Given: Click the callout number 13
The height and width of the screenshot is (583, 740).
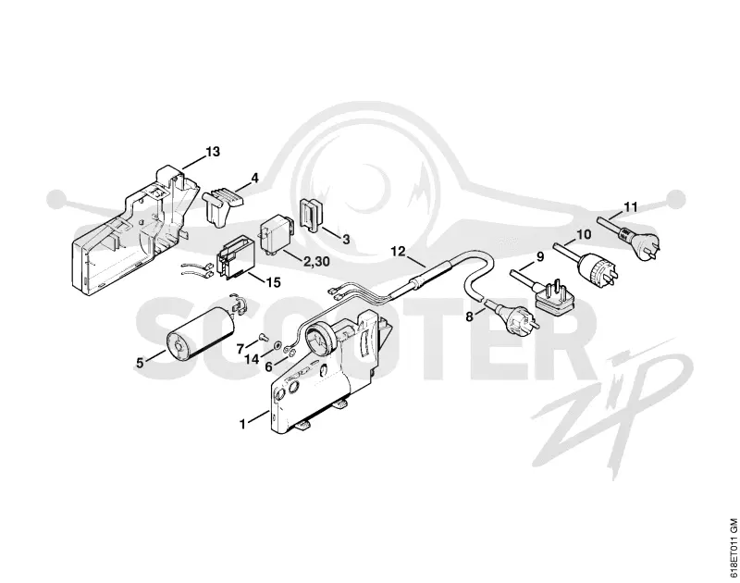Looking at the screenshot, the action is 213,152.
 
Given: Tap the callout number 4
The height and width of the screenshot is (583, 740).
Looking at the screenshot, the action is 255,179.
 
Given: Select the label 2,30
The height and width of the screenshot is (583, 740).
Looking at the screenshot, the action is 316,261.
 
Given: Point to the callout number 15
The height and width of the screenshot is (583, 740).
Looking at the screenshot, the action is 273,282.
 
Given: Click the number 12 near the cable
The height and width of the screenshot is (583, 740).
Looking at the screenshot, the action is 399,251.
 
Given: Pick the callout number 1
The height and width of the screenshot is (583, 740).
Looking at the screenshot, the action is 242,425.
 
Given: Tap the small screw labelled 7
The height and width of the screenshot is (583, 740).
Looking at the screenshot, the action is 263,337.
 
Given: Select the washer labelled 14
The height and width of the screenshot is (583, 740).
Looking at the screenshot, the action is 276,345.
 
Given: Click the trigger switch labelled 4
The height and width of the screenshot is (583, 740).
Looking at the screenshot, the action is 222,205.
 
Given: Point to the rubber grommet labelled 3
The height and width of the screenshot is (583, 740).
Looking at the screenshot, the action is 309,215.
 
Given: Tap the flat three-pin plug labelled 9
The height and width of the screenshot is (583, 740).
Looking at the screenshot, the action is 551,295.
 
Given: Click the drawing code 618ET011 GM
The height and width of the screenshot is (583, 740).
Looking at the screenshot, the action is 733,548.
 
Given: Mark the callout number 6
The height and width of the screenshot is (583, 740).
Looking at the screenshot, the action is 268,366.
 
